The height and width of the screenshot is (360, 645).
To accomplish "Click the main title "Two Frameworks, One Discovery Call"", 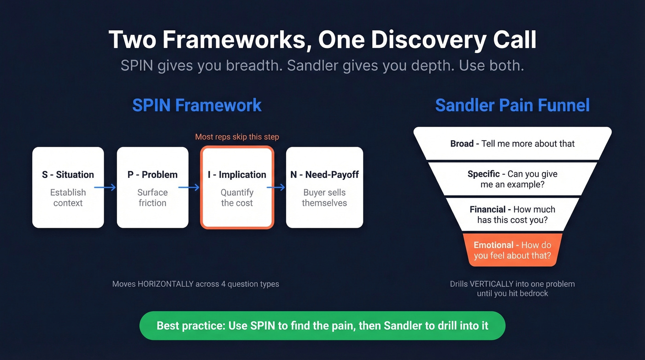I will [x=322, y=40].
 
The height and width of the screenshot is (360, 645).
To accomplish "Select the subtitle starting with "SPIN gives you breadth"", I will [x=322, y=65].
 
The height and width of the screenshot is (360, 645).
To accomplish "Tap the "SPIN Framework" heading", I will [x=197, y=105].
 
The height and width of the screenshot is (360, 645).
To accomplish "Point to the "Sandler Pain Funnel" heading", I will [x=512, y=105].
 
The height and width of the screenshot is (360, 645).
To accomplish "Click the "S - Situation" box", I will [x=68, y=187].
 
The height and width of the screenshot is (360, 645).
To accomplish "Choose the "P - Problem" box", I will [x=152, y=187].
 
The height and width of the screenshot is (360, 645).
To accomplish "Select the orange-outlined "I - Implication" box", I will [x=237, y=187].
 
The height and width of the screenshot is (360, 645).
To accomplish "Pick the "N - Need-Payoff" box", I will [x=324, y=187].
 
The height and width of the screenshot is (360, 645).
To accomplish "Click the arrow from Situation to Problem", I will [x=105, y=187].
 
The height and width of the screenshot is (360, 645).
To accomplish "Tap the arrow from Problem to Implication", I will [x=189, y=187].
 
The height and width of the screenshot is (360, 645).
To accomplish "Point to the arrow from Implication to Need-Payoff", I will [x=276, y=187].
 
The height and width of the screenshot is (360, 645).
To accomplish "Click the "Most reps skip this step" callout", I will [x=237, y=137].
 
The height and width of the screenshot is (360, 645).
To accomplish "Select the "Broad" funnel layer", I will [x=512, y=144].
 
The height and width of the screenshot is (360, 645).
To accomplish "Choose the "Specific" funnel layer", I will [x=512, y=179].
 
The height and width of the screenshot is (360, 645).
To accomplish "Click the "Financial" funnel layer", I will [x=512, y=215].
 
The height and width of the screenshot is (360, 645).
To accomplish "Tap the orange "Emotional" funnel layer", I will [x=512, y=250].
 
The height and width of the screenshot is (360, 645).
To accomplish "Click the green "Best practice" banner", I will [x=322, y=325].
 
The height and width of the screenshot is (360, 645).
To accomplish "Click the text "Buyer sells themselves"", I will [x=324, y=198].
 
